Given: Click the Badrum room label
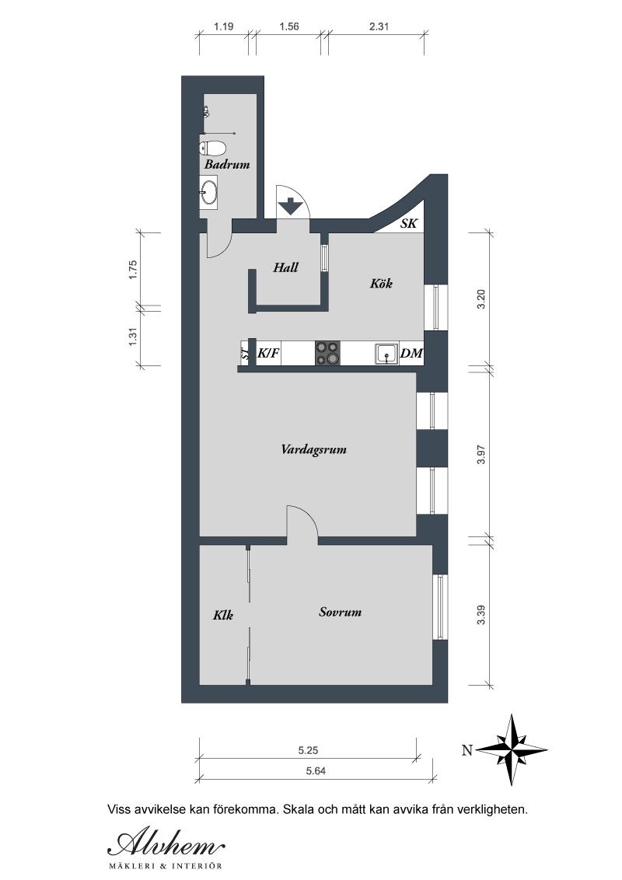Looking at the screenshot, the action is (227, 165).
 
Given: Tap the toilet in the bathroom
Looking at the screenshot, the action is (213, 148).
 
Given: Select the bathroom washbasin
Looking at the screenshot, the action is (209, 192).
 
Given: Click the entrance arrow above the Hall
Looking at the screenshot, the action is (291, 206).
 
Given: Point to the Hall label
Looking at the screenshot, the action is (286, 267).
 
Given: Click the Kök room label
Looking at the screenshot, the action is (381, 283).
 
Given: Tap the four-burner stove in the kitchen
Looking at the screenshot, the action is (328, 353).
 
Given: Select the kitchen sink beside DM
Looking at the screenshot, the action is (386, 354).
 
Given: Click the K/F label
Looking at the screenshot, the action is (268, 354).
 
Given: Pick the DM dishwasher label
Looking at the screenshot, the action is (411, 354).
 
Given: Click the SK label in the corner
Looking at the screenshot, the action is (409, 223).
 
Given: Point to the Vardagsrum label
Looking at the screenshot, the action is (314, 449).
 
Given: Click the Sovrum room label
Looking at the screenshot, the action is (341, 612).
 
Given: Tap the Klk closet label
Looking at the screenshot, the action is (223, 615).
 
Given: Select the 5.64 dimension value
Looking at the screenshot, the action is (316, 771).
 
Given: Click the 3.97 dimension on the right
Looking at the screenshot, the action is (480, 453).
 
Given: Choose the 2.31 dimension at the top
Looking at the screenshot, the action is (379, 26).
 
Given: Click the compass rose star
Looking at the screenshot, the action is (512, 749).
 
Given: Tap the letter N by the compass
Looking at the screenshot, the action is (466, 750).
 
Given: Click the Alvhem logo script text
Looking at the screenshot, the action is (166, 844).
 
